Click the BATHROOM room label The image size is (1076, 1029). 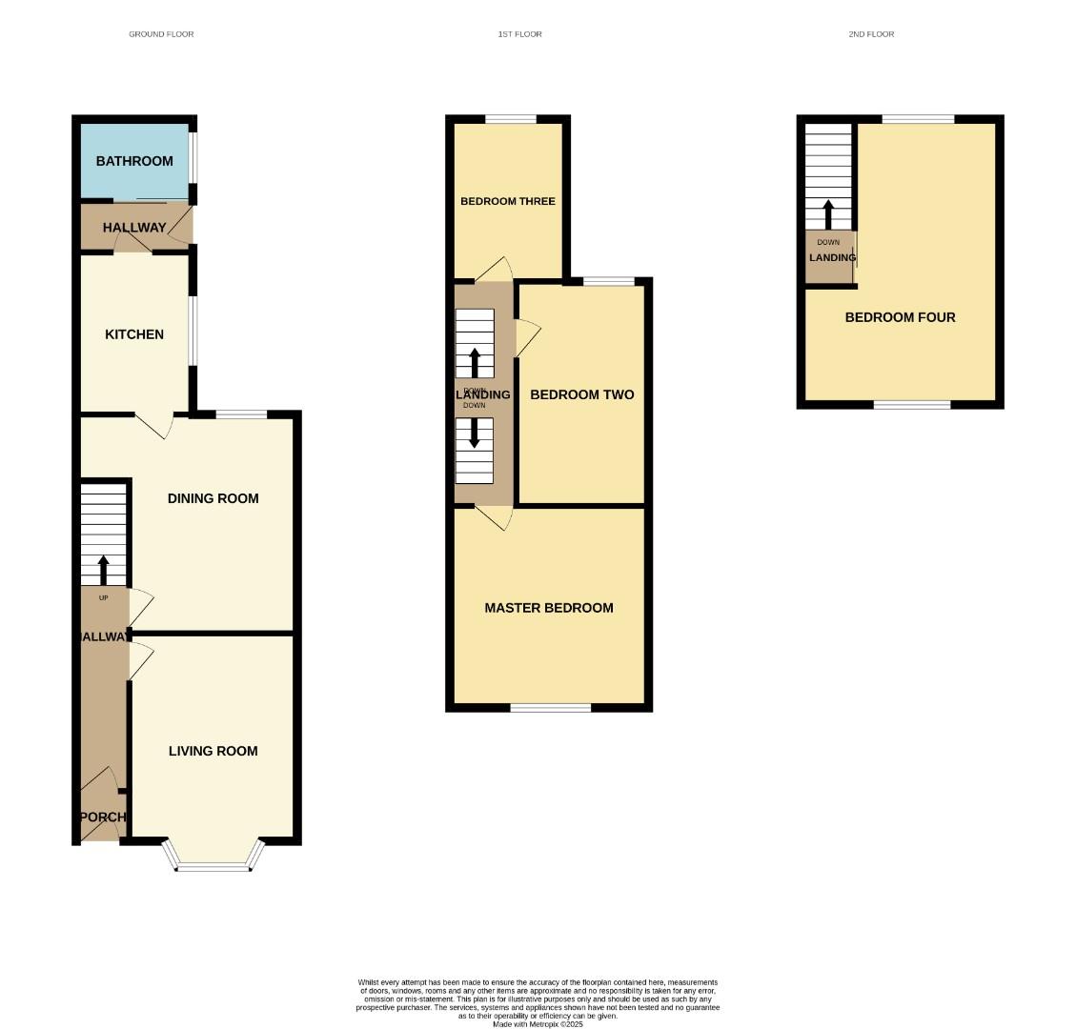coord(134,161)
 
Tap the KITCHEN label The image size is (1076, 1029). coord(134,334)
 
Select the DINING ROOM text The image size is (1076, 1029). coord(213,498)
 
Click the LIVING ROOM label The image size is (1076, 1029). coord(213,751)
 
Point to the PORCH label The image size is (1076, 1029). coord(102,817)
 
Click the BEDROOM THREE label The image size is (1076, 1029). coord(507,201)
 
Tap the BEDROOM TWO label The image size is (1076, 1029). coord(581,394)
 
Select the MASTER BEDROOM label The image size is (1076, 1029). coord(548,608)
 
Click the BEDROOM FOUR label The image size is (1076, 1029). coord(900,317)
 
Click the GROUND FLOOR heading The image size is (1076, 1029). coord(161,34)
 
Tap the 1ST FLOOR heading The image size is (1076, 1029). coord(519,34)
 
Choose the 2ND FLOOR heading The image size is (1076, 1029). coord(871,34)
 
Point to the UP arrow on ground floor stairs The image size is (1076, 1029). coord(103,569)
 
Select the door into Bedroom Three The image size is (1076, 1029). coord(494,272)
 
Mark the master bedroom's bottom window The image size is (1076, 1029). coord(550,707)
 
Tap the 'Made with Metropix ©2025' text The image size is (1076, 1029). coord(538,1024)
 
